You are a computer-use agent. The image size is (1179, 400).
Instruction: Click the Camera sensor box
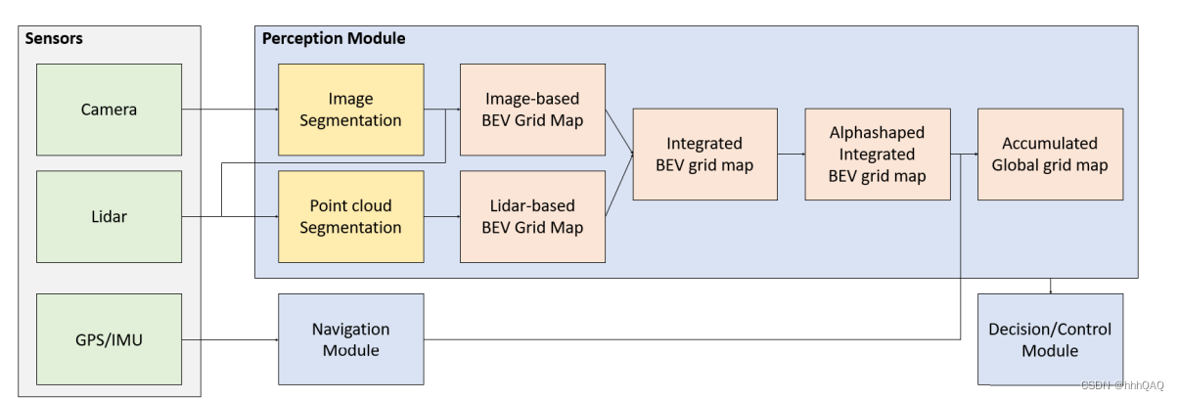click(x=109, y=110)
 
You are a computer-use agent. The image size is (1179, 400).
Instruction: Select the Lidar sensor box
click(x=109, y=216)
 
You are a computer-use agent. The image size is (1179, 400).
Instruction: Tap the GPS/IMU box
click(x=109, y=339)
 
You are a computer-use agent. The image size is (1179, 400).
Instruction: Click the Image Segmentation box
click(x=350, y=110)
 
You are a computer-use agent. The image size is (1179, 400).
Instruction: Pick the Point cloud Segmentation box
click(x=350, y=216)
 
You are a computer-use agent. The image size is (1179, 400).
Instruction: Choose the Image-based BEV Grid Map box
click(x=532, y=110)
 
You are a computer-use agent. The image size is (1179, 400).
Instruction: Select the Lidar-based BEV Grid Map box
click(x=532, y=216)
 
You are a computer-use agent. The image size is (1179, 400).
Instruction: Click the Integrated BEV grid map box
click(x=704, y=155)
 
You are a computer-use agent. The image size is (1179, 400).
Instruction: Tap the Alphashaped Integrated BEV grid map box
click(x=877, y=155)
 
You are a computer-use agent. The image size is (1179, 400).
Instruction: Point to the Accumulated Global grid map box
click(x=1050, y=155)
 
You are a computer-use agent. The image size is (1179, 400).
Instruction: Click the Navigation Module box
click(x=350, y=339)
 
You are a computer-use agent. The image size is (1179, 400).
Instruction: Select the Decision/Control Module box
click(x=1050, y=339)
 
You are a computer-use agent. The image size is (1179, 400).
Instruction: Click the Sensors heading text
click(x=55, y=39)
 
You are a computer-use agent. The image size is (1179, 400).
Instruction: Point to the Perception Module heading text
click(x=334, y=38)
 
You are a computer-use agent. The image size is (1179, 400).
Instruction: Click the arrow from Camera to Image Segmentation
click(x=230, y=110)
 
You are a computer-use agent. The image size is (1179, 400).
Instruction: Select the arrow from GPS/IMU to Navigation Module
click(x=230, y=339)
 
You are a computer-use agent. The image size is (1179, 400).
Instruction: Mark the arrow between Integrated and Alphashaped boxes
click(x=792, y=155)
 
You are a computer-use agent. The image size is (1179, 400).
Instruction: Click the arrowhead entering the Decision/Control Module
click(x=1050, y=289)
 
